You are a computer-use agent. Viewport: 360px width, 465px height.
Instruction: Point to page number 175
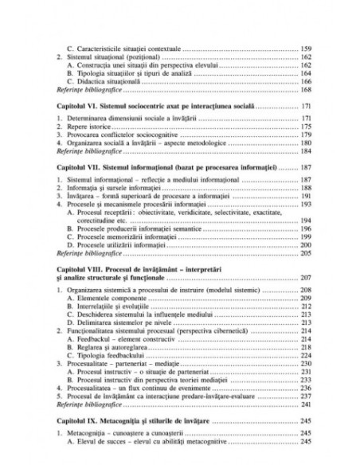[305, 126]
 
